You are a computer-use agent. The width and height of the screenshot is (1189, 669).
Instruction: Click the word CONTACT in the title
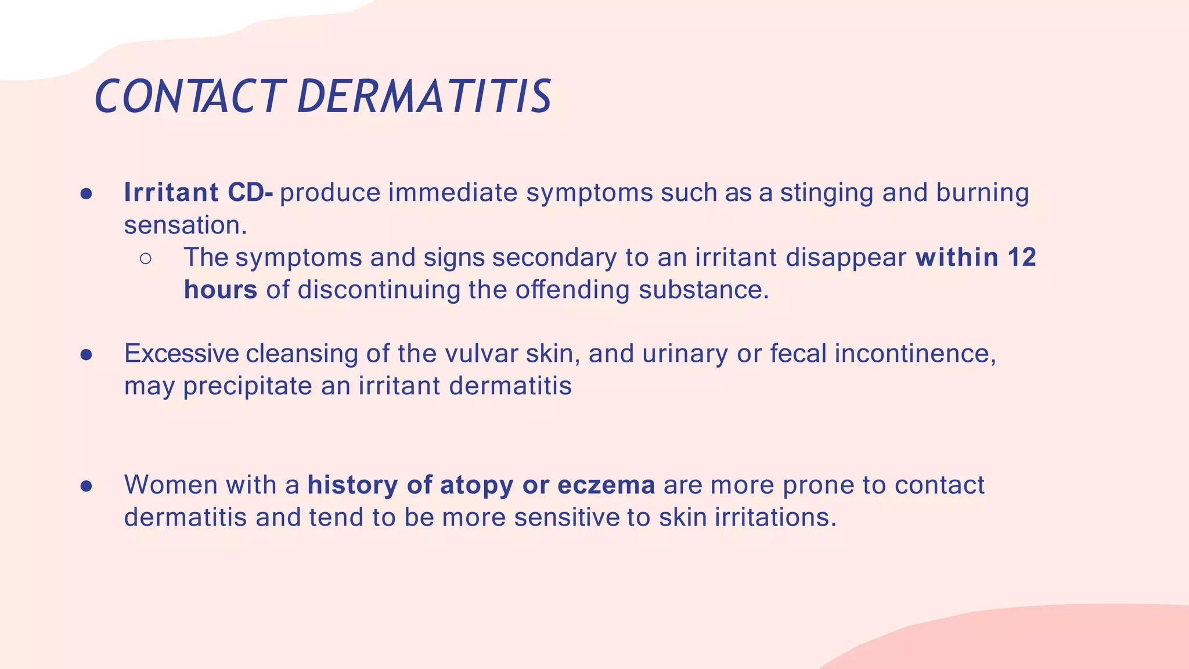pos(189,96)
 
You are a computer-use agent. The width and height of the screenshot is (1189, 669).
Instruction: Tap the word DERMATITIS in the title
pos(424,96)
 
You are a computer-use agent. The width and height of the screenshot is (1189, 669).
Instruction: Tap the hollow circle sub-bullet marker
pos(146,258)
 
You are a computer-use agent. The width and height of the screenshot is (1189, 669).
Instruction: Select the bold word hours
pos(221,290)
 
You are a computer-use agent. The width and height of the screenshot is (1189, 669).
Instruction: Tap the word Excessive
pos(181,354)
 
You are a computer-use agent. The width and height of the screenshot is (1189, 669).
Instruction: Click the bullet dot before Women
pos(87,485)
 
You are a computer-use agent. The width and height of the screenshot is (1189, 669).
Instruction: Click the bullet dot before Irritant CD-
pos(87,193)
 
